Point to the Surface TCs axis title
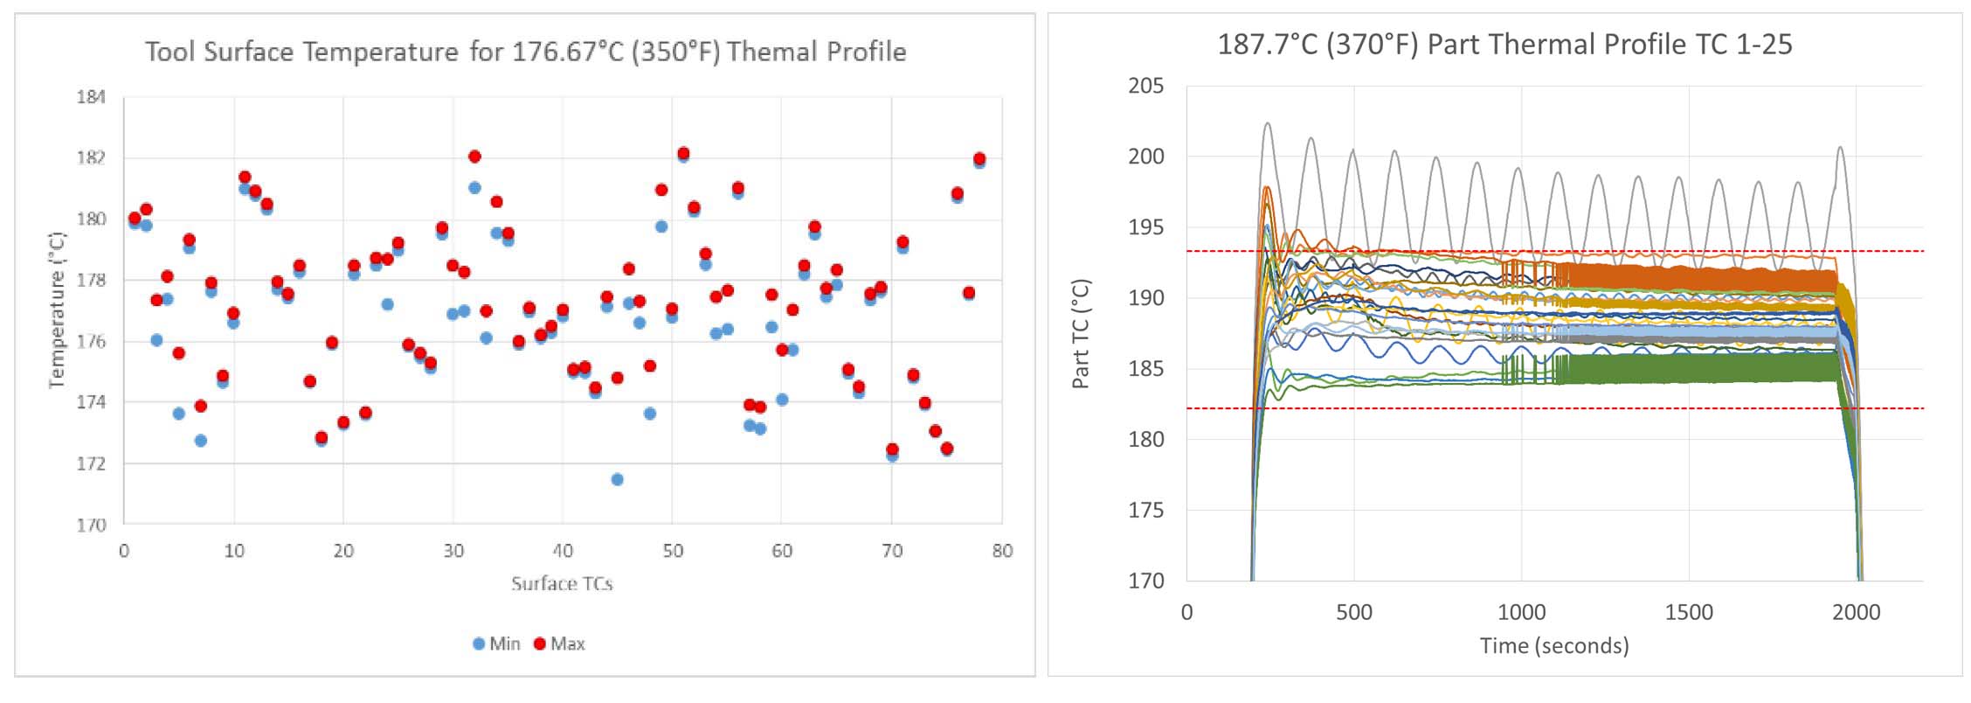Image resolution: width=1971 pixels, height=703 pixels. click(x=562, y=584)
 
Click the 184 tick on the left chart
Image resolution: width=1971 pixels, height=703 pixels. click(x=91, y=97)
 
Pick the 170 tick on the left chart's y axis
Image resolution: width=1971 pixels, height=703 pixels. click(x=91, y=526)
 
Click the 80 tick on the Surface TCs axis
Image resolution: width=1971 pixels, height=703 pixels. click(x=1002, y=552)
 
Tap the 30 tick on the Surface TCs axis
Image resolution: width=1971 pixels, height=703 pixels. click(x=453, y=552)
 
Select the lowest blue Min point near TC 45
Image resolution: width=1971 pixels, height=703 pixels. click(x=617, y=479)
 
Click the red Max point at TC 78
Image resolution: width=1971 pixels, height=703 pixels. click(x=979, y=159)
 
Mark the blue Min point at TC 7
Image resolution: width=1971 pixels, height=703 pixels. click(x=200, y=441)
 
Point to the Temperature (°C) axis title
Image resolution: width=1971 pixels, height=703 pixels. click(x=57, y=310)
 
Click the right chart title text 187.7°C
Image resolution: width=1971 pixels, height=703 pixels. click(x=1267, y=45)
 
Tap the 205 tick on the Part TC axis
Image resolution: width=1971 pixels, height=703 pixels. click(x=1145, y=86)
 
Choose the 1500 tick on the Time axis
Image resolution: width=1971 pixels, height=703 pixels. click(x=1688, y=613)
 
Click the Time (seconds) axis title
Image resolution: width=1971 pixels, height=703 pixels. click(x=1554, y=646)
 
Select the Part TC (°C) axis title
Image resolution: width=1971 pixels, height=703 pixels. click(x=1081, y=333)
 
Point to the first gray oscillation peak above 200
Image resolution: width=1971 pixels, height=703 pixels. click(x=1267, y=124)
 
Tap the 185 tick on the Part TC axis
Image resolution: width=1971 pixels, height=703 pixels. click(x=1145, y=369)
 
